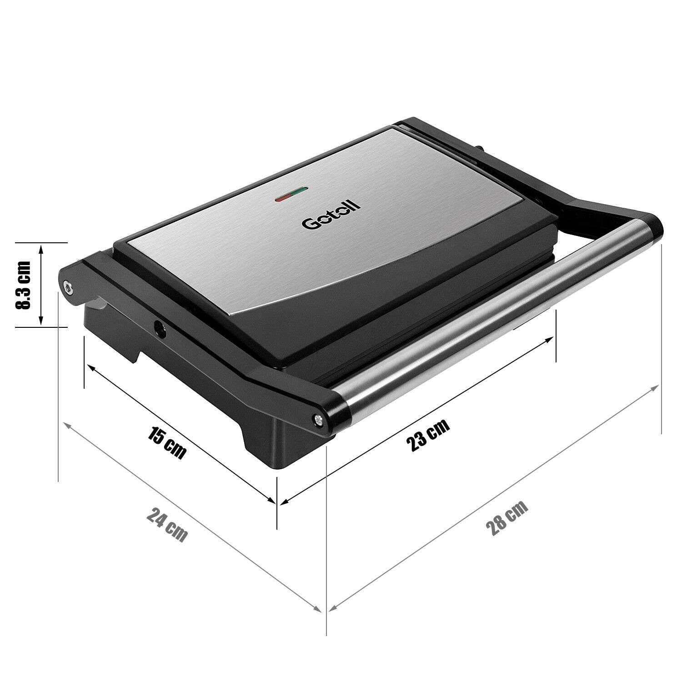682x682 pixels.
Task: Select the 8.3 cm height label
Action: point(23,285)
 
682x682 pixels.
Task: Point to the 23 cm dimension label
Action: point(427,434)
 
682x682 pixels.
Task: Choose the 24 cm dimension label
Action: point(167,525)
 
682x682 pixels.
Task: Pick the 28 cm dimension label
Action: point(507,518)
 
